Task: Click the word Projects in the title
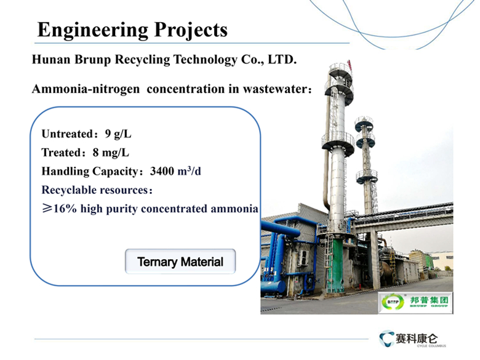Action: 191,30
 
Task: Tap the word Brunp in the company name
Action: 92,60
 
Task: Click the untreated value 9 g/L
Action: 118,134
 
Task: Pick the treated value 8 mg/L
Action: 111,153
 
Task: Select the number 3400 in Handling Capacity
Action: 162,171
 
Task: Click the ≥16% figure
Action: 60,209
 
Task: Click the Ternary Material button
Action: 180,262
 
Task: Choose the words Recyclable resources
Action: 95,190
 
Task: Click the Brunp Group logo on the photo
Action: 415,303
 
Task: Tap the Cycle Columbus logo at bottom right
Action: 412,339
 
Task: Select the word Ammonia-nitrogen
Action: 86,89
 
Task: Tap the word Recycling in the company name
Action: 142,60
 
